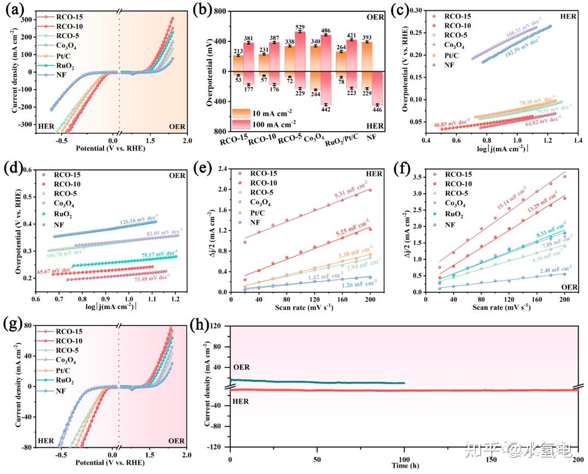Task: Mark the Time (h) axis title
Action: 405,466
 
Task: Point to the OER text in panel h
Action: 242,367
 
